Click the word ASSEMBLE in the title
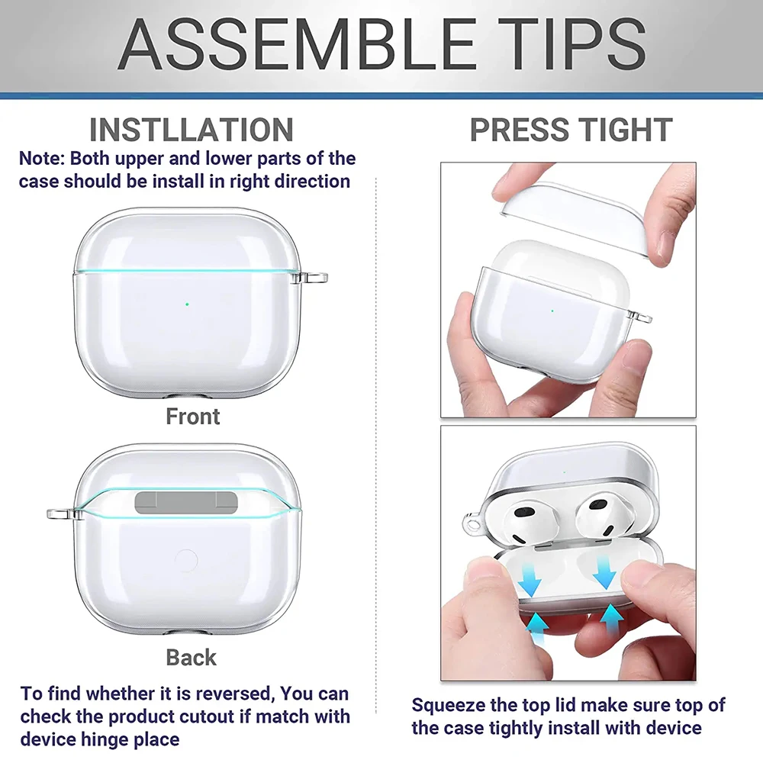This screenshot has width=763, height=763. (296, 44)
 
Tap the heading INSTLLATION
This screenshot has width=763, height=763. (192, 130)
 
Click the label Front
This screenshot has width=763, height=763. (193, 417)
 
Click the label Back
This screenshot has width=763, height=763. (192, 658)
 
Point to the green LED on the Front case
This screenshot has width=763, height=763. (187, 304)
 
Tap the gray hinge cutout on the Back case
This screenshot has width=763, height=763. (186, 502)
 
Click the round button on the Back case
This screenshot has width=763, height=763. (186, 561)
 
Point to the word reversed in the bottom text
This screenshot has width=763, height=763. (233, 694)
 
